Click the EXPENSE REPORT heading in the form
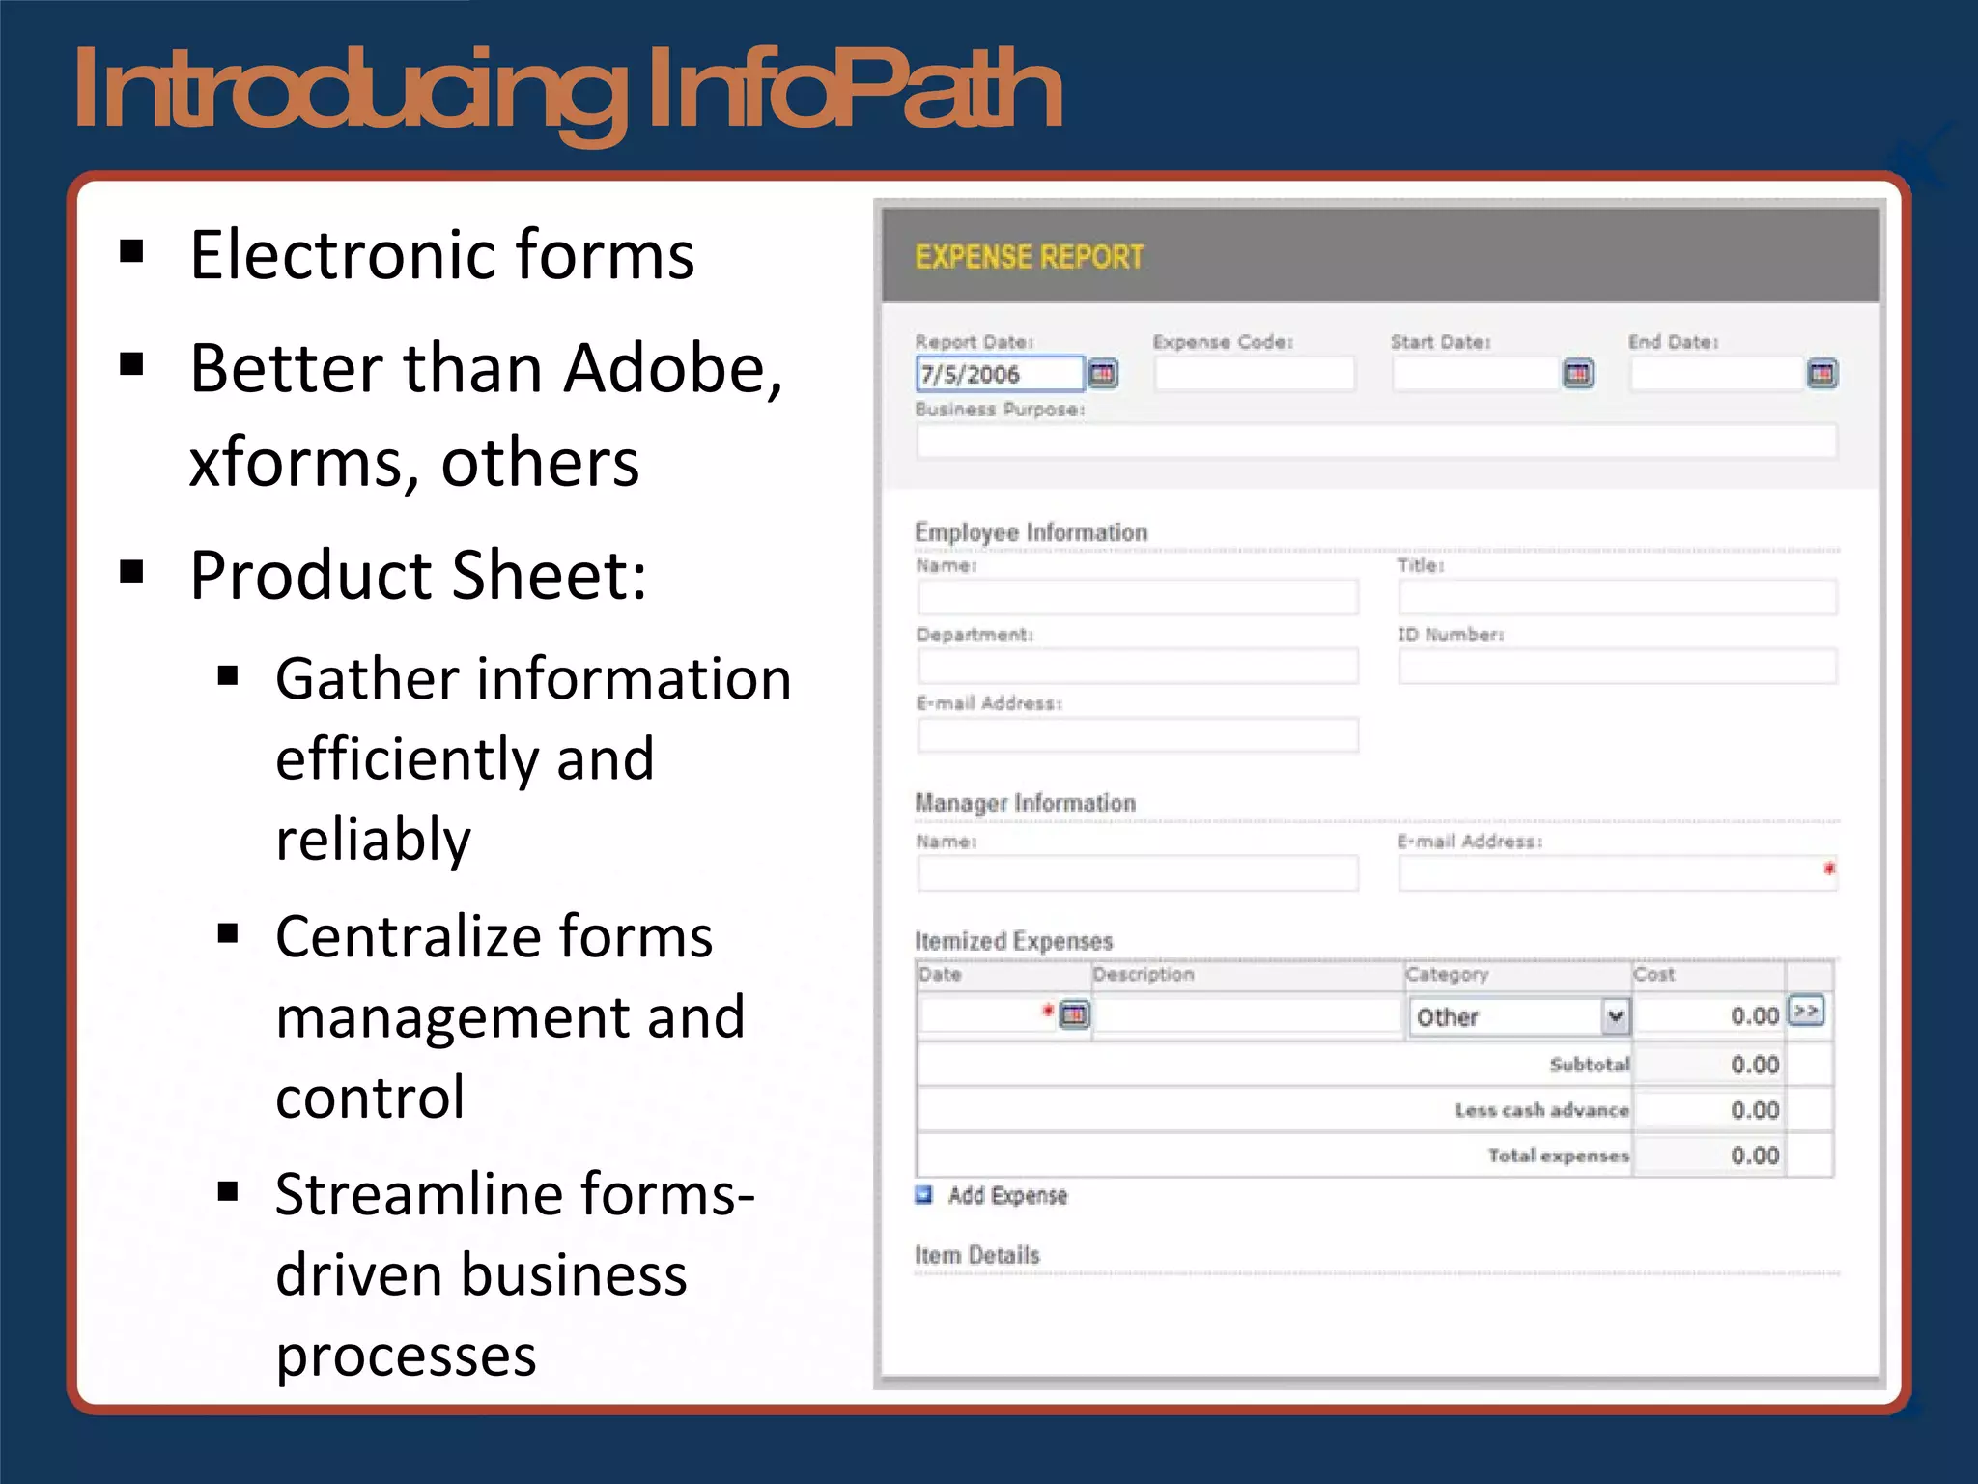[1029, 257]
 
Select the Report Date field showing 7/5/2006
[999, 374]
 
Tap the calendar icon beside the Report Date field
[1103, 374]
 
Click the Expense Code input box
[1254, 374]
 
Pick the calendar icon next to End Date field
[1822, 374]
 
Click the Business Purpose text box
[1375, 442]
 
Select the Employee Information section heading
[1031, 532]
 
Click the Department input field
[1138, 667]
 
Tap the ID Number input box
[1617, 667]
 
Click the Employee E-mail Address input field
[1138, 735]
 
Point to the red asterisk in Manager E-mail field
[1828, 869]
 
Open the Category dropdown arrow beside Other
[1615, 1016]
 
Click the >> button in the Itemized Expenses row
[1805, 1011]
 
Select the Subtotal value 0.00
[1754, 1065]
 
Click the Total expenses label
[1558, 1156]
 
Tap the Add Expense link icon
[924, 1195]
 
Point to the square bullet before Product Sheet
[131, 572]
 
